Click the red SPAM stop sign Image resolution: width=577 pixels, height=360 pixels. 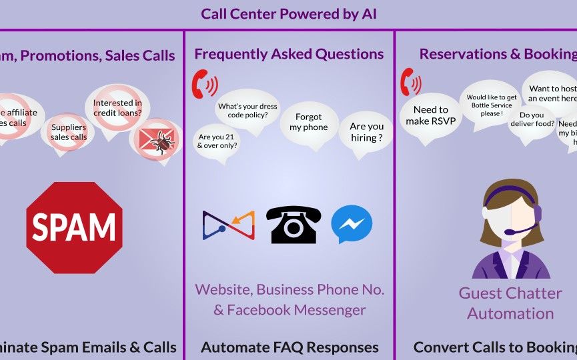coord(74,227)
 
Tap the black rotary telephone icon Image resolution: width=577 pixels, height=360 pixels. coord(293,224)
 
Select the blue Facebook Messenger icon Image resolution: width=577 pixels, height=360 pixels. coord(352,224)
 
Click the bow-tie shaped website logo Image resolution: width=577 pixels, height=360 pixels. coord(228,225)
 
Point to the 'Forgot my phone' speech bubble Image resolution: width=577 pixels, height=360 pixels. coord(309,122)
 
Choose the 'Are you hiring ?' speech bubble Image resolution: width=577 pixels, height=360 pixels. coord(367,132)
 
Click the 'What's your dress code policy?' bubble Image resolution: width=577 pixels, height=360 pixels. coord(247,111)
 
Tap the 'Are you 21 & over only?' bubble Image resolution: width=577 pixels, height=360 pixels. coord(217,141)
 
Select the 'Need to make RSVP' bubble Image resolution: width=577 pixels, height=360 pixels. coord(430,115)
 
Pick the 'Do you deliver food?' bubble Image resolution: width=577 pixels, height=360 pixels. coord(531,119)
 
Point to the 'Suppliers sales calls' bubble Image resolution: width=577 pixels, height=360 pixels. coord(69,132)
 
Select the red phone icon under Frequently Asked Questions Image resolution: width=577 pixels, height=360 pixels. coord(204,84)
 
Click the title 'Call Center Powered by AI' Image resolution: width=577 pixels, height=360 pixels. coord(289,14)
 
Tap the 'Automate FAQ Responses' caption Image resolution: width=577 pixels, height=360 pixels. coord(290,347)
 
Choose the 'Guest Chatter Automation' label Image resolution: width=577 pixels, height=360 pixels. coord(510,303)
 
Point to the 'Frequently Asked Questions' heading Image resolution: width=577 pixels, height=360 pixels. coord(289,54)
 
